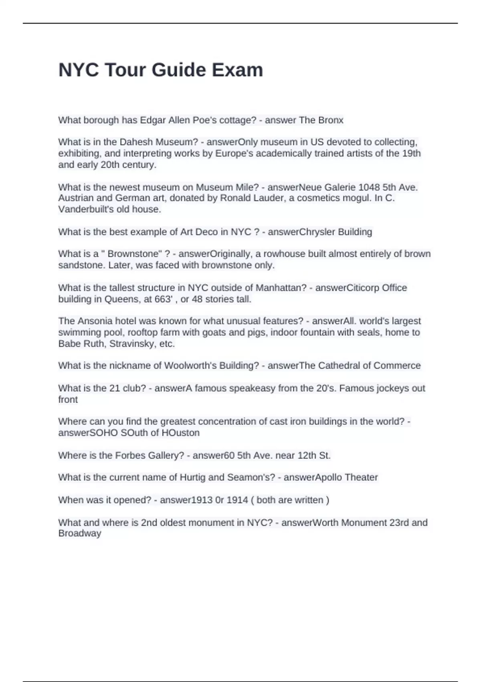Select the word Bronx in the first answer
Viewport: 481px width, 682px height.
point(331,120)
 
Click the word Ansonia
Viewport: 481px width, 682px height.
point(95,321)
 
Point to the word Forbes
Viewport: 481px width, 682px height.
point(130,456)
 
